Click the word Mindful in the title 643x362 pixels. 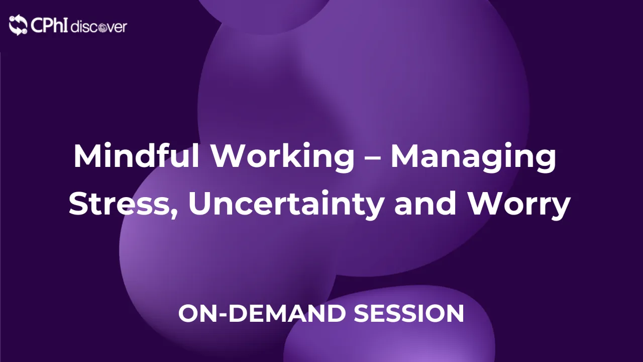pyautogui.click(x=136, y=155)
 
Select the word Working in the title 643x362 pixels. pyautogui.click(x=282, y=157)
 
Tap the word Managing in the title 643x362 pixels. pyautogui.click(x=474, y=157)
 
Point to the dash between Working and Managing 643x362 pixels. pyautogui.click(x=373, y=158)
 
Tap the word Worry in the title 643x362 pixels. pyautogui.click(x=519, y=205)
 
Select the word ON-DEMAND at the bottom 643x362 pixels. pyautogui.click(x=262, y=313)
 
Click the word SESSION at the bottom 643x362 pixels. pyautogui.click(x=409, y=313)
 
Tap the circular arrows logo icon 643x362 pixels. pyautogui.click(x=18, y=25)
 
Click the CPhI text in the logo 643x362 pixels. pyautogui.click(x=49, y=25)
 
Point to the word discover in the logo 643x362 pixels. pyautogui.click(x=98, y=27)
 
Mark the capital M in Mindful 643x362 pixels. pyautogui.click(x=87, y=156)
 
